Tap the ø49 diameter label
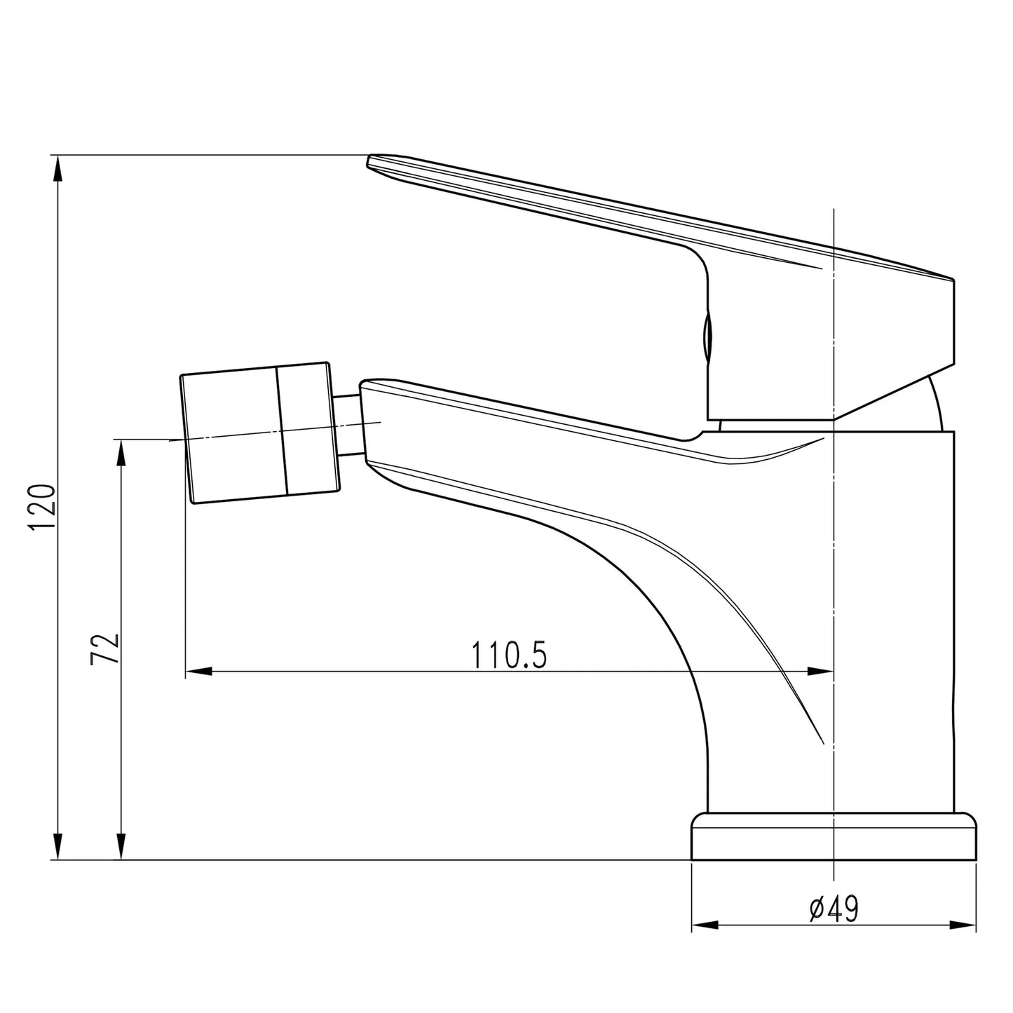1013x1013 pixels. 834,910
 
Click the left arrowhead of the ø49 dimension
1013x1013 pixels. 705,925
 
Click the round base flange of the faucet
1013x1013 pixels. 834,836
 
